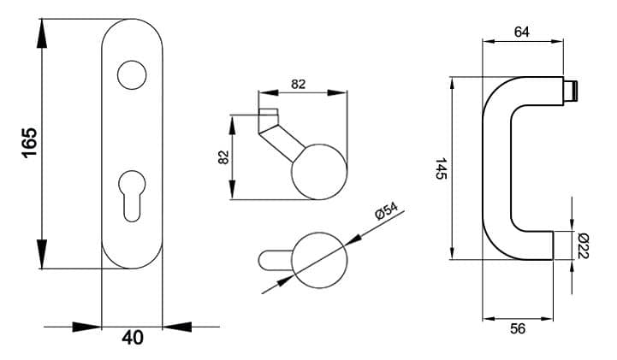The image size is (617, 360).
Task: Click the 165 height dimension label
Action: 29,143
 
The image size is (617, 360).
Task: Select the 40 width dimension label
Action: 133,338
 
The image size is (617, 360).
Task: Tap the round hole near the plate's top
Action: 132,74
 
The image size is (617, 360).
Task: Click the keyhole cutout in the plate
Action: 132,196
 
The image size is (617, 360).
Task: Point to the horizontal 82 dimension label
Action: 299,84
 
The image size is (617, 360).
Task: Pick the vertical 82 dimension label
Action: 223,157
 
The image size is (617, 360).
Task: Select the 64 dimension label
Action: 522,32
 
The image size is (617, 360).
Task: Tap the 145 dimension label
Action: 441,168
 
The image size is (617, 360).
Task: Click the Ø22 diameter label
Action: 583,246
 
